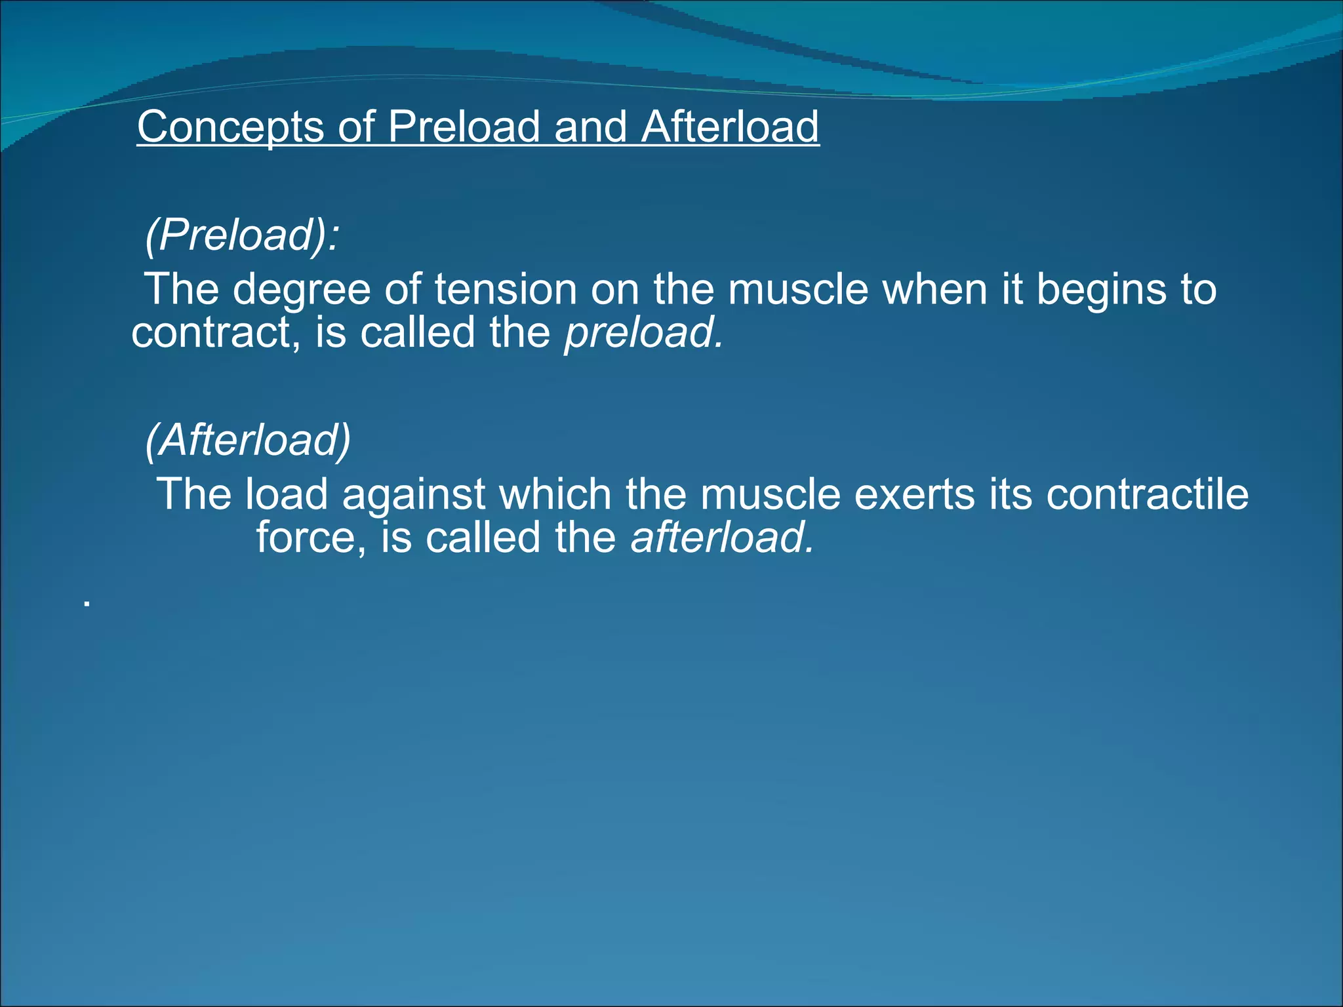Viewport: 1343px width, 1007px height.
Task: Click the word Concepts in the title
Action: [230, 127]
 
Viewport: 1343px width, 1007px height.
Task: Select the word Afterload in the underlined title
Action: [730, 127]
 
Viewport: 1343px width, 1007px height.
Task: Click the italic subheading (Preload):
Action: [242, 234]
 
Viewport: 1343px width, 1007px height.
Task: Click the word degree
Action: [302, 289]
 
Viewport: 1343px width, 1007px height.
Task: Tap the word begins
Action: [1101, 289]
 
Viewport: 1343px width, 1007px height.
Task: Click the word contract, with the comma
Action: [216, 333]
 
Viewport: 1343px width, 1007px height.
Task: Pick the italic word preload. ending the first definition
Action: [644, 333]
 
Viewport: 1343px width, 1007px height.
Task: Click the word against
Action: [413, 494]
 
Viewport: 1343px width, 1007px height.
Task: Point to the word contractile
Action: [1147, 494]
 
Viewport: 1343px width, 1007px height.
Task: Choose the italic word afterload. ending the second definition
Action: [722, 538]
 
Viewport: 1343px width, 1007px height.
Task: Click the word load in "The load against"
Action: [286, 494]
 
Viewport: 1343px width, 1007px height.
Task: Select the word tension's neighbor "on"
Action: [614, 289]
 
